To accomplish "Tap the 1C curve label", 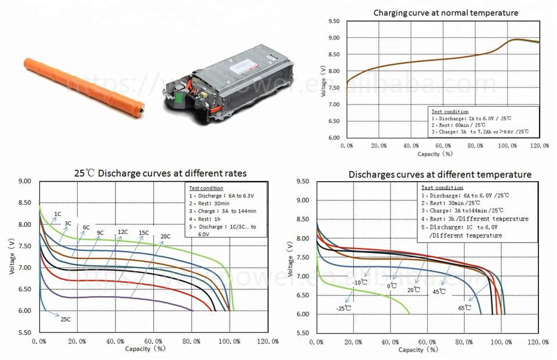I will click(57, 214).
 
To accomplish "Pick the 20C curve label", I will click(165, 236).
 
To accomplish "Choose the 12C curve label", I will click(122, 232).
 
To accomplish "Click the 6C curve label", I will click(86, 228).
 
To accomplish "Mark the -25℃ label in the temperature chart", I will click(344, 308).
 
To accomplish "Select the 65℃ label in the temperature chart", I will click(465, 308).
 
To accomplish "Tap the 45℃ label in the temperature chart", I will click(439, 291).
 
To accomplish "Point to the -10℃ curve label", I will click(360, 283).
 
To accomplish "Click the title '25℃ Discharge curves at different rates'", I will click(160, 173).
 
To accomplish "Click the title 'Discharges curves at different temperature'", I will click(440, 174).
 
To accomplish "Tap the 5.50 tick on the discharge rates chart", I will click(24, 332).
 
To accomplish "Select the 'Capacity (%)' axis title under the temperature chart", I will click(419, 350).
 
